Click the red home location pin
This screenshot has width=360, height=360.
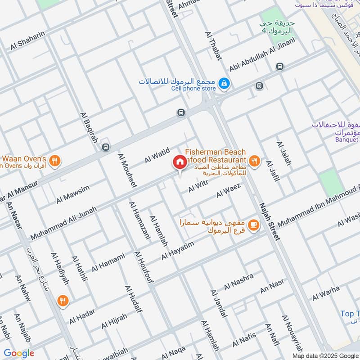click(x=180, y=162)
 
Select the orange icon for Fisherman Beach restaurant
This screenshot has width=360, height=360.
click(x=254, y=161)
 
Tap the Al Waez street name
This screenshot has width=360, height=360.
click(x=229, y=190)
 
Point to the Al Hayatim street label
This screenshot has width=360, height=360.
click(x=177, y=252)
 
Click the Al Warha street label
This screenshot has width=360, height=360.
click(x=326, y=293)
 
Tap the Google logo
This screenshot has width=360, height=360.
click(x=19, y=353)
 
